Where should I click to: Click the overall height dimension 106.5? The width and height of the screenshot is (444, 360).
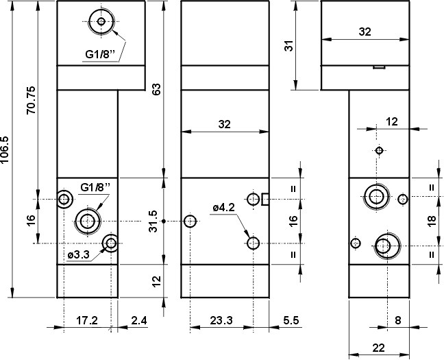(6, 149)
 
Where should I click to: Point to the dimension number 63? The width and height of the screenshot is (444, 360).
(157, 90)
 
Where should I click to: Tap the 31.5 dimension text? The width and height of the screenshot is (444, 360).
(154, 221)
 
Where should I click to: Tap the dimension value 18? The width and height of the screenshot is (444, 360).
(432, 221)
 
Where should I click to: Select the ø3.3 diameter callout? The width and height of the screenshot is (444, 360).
(79, 255)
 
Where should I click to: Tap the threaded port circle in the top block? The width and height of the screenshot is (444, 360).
(101, 23)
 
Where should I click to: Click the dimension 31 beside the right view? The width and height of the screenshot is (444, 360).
(289, 45)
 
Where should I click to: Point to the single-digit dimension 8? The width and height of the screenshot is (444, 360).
(398, 320)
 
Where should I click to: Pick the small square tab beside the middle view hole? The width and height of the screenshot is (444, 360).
(266, 200)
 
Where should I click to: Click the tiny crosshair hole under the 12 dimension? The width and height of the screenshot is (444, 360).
(379, 150)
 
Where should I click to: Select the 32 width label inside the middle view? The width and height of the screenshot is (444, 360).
(224, 124)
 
